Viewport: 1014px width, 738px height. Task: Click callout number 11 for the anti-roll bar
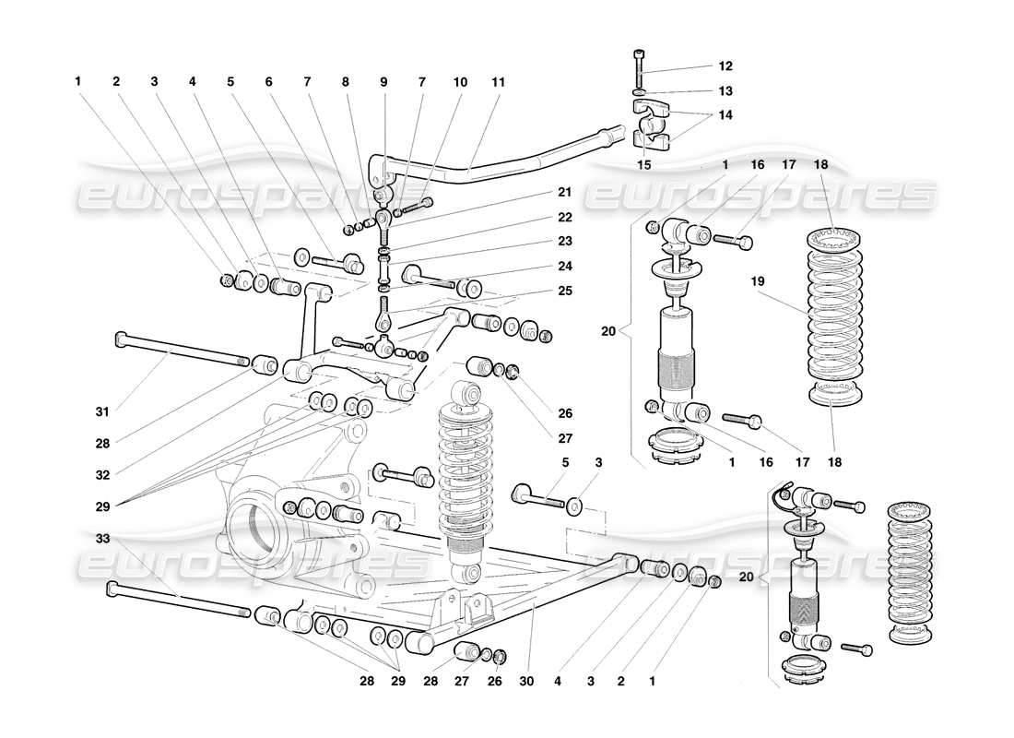[x=499, y=81]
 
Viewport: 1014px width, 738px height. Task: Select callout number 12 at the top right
[x=725, y=66]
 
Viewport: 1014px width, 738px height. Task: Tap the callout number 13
[x=725, y=91]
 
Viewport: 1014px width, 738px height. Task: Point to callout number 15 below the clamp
[x=644, y=165]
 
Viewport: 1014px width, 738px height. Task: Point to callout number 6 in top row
[x=270, y=81]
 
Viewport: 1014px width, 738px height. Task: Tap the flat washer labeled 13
[x=639, y=91]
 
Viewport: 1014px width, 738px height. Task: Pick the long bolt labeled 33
[x=175, y=599]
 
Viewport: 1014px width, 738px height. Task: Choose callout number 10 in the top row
[x=460, y=81]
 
